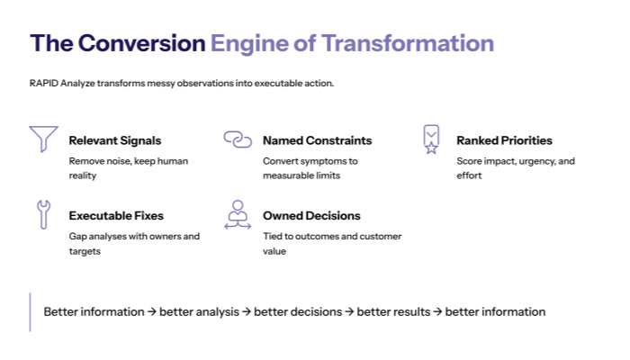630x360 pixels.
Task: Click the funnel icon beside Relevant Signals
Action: [x=43, y=139]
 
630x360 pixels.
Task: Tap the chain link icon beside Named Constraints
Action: [x=237, y=139]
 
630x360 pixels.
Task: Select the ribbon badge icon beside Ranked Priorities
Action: [x=431, y=139]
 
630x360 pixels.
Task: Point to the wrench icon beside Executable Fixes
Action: [x=43, y=214]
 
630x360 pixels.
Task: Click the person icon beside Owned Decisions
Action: [x=237, y=214]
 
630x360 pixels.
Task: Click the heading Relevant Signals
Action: [x=115, y=140]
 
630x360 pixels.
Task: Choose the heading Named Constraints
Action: [x=317, y=140]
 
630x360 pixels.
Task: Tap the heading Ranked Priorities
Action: [x=504, y=140]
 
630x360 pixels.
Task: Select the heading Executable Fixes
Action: [x=116, y=216]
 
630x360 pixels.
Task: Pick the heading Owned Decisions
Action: [x=311, y=216]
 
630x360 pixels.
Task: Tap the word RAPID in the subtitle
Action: [x=42, y=84]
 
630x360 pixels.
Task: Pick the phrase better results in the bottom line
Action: [x=393, y=312]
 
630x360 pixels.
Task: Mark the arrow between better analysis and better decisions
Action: [x=247, y=312]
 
